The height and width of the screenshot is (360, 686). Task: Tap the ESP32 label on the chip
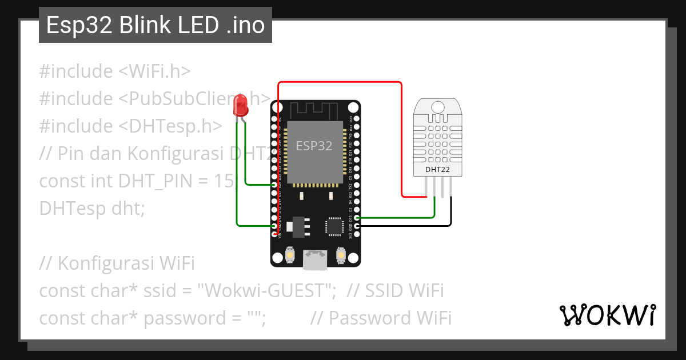[x=314, y=146]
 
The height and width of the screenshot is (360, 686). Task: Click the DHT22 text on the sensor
[x=438, y=169]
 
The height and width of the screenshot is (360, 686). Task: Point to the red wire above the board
[x=340, y=82]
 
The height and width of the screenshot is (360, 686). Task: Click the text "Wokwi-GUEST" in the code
[x=266, y=291]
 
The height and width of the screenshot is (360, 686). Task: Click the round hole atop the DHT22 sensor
[x=438, y=107]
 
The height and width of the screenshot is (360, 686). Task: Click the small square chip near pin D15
[x=334, y=225]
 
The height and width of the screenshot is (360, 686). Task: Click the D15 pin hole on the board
[x=357, y=218]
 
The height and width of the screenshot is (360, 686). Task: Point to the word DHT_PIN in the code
[x=153, y=181]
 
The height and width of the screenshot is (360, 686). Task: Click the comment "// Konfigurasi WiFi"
[x=117, y=263]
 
